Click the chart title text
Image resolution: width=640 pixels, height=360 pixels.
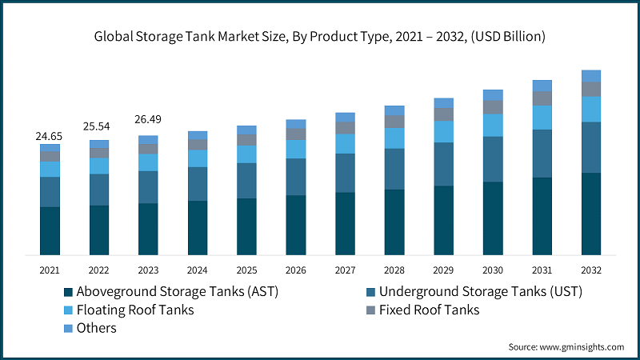pos(320,35)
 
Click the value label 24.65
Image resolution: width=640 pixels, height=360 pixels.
pos(50,137)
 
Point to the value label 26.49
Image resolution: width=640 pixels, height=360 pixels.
pos(148,121)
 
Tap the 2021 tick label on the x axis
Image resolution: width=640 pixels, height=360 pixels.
pos(50,270)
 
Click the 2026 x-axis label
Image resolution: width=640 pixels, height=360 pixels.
pos(296,270)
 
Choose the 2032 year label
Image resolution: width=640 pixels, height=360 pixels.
pos(591,270)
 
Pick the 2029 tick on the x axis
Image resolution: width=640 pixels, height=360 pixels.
pos(444,270)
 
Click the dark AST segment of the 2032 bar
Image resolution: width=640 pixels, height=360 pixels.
pos(591,214)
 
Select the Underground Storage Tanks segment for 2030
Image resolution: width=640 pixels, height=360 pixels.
pos(493,159)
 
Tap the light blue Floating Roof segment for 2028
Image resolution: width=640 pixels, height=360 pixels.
pos(394,138)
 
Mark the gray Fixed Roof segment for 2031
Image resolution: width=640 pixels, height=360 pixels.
pos(542,98)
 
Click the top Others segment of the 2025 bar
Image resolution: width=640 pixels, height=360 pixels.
pos(246,130)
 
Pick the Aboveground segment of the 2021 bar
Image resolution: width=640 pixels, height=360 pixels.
pos(50,230)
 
